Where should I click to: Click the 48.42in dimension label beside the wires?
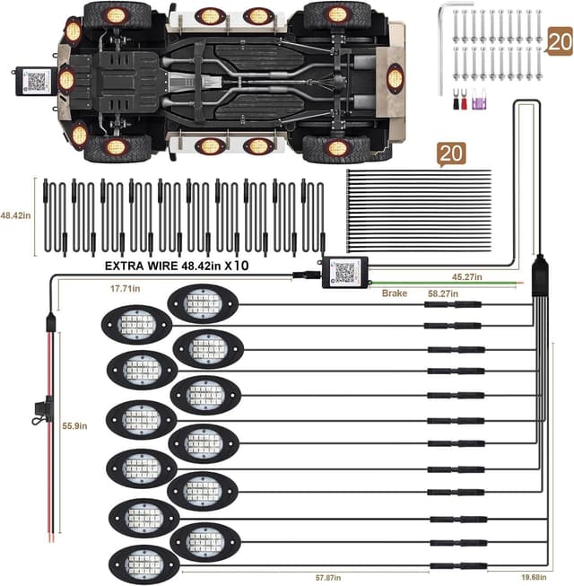pyautogui.click(x=15, y=215)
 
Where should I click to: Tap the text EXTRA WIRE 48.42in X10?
pyautogui.click(x=177, y=266)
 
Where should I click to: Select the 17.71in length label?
pyautogui.click(x=125, y=289)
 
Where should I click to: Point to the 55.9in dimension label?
pyautogui.click(x=74, y=425)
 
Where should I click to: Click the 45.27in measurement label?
pyautogui.click(x=466, y=277)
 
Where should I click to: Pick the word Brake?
pyautogui.click(x=395, y=293)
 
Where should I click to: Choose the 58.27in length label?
pyautogui.click(x=443, y=293)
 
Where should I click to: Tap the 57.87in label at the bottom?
pyautogui.click(x=328, y=578)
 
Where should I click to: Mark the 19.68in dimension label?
pyautogui.click(x=534, y=577)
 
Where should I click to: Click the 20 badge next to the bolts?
pyautogui.click(x=559, y=41)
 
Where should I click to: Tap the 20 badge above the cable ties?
pyautogui.click(x=451, y=154)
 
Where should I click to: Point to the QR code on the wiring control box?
pyautogui.click(x=345, y=273)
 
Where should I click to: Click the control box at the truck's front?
pyautogui.click(x=33, y=81)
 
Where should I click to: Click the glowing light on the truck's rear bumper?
pyautogui.click(x=395, y=78)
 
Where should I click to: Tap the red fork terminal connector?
pyautogui.click(x=464, y=99)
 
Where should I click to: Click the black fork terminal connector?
pyautogui.click(x=456, y=99)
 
